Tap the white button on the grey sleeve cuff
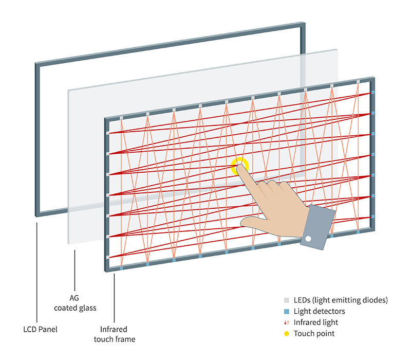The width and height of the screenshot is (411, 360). tap(308, 239)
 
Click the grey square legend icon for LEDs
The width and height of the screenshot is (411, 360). tap(287, 300)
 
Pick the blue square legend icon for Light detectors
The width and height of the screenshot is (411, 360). tap(287, 311)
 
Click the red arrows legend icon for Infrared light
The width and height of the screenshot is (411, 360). tap(287, 322)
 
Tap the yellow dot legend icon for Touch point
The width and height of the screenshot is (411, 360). tap(287, 334)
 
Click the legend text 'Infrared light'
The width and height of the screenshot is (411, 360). tap(315, 322)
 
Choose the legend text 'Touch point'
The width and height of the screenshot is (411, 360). tap(314, 334)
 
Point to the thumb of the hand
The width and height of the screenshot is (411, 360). tap(257, 222)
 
